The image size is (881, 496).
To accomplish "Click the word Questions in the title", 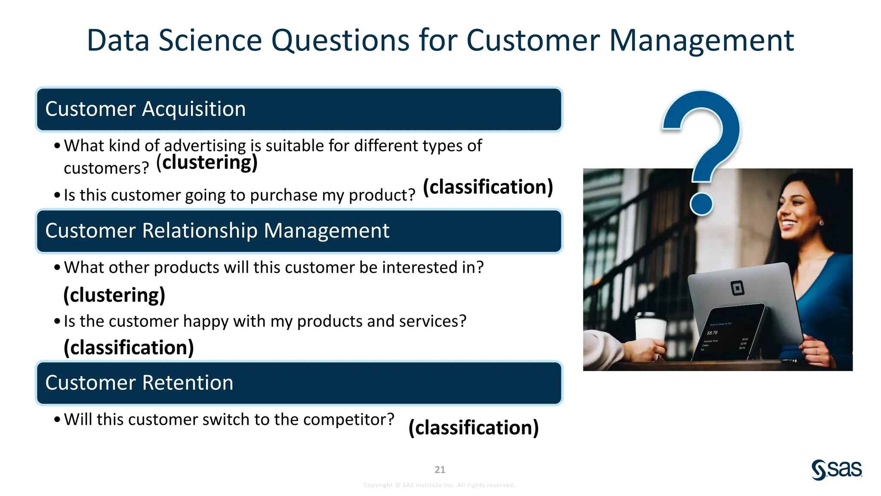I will [x=340, y=41].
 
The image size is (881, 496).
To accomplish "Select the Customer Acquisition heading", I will [x=145, y=109].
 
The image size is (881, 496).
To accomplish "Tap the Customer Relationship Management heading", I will [x=217, y=231].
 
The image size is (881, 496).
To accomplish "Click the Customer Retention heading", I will [x=139, y=383].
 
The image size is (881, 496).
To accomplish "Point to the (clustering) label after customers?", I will [x=206, y=163].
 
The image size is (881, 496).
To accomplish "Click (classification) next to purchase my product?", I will [x=488, y=187].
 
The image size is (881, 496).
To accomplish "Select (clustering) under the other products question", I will [x=114, y=295].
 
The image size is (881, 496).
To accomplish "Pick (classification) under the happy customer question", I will [x=129, y=347].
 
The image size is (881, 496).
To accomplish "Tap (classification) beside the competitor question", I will [x=473, y=428].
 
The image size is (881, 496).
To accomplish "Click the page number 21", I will [x=440, y=469].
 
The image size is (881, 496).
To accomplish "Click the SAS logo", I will [x=836, y=469].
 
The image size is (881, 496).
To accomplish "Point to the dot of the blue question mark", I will [x=701, y=204].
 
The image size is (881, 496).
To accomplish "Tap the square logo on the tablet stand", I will [x=737, y=288].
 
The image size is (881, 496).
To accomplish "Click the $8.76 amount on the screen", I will [x=712, y=332].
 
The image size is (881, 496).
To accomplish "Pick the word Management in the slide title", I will [x=701, y=41].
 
